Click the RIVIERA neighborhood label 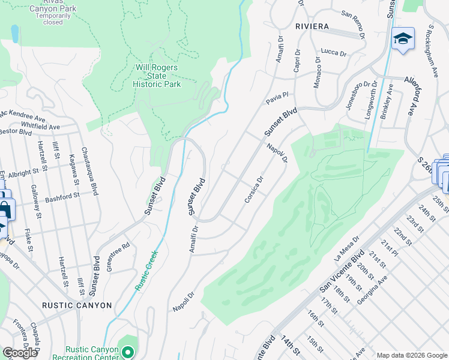312,26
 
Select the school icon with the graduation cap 403,40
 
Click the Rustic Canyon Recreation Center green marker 127,352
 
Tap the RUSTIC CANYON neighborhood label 77,305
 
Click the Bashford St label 62,196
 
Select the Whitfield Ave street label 40,127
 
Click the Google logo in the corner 20,353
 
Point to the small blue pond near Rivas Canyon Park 14,34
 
